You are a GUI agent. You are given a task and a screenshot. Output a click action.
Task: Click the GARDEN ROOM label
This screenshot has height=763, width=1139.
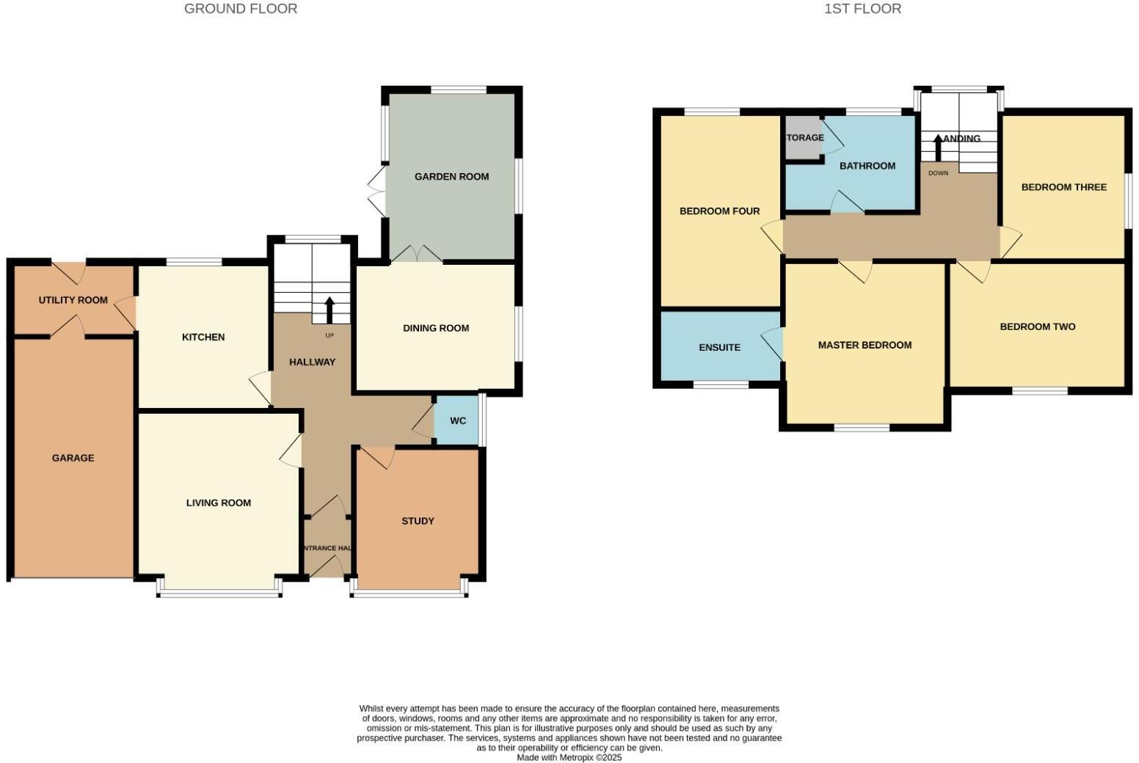pyautogui.click(x=451, y=177)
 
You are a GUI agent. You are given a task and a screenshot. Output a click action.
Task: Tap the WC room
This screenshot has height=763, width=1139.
pyautogui.click(x=458, y=421)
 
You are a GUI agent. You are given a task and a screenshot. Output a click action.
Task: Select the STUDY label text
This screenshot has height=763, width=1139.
pyautogui.click(x=418, y=522)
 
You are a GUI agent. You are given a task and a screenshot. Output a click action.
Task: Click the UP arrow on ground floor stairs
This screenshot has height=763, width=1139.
pyautogui.click(x=329, y=310)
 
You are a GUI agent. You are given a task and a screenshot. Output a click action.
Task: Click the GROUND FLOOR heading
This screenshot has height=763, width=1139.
pyautogui.click(x=241, y=9)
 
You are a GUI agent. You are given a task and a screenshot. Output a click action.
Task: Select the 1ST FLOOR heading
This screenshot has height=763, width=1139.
pyautogui.click(x=862, y=9)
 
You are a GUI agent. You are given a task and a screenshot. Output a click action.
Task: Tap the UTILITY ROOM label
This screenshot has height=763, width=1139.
pyautogui.click(x=73, y=300)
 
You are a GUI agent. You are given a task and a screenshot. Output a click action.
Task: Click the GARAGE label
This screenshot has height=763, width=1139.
pyautogui.click(x=73, y=458)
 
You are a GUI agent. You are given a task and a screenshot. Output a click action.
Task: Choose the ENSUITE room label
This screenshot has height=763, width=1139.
pyautogui.click(x=719, y=348)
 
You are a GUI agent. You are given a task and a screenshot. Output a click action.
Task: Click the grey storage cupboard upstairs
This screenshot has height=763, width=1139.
pyautogui.click(x=803, y=139)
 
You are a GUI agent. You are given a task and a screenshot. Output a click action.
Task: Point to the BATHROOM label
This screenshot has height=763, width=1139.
pyautogui.click(x=867, y=166)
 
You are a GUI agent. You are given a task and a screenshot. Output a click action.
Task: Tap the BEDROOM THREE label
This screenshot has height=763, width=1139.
pyautogui.click(x=1063, y=187)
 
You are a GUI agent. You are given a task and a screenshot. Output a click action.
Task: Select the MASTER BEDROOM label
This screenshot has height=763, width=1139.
pyautogui.click(x=865, y=345)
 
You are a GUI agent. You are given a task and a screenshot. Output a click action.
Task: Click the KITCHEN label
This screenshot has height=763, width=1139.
pyautogui.click(x=203, y=337)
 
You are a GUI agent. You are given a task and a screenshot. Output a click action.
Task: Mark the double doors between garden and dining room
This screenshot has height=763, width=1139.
pyautogui.click(x=417, y=254)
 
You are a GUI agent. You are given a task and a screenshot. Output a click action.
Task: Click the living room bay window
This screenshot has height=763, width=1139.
pyautogui.click(x=219, y=593)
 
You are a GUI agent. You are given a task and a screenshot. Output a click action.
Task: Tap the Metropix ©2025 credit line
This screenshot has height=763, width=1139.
pyautogui.click(x=569, y=758)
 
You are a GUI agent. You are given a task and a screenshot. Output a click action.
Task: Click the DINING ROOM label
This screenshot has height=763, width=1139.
pyautogui.click(x=436, y=329)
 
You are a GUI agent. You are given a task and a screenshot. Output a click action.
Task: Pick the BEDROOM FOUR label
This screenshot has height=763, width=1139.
pyautogui.click(x=719, y=211)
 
